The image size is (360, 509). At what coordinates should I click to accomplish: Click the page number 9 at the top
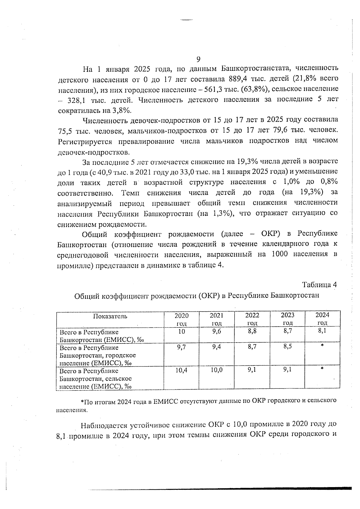[198, 59]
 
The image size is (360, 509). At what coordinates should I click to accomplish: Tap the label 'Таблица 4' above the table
[319, 285]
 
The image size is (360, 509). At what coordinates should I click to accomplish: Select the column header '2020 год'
[181, 319]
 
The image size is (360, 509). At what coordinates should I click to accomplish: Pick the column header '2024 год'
[322, 319]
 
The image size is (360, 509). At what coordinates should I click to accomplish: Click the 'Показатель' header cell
[110, 316]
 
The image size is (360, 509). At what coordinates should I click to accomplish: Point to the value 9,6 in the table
[217, 331]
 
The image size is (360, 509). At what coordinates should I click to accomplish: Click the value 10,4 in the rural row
[181, 370]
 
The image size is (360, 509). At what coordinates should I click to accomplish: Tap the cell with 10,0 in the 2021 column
[217, 370]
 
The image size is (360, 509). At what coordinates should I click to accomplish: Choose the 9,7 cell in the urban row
[181, 347]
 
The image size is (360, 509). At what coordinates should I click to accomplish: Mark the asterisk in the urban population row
[322, 346]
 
